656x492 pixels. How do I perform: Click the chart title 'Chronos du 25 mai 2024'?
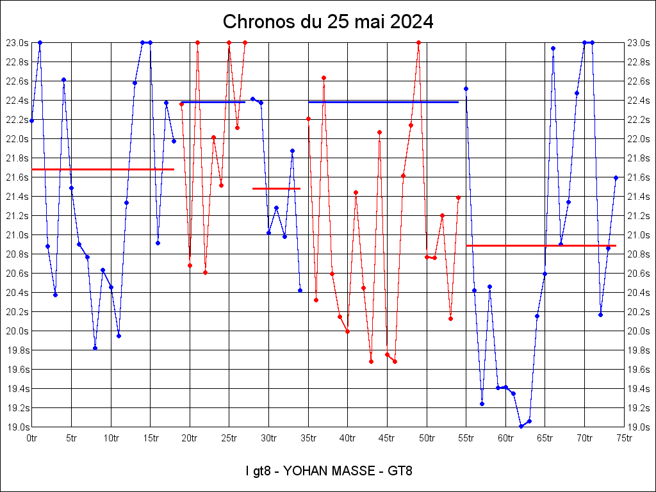click(328, 22)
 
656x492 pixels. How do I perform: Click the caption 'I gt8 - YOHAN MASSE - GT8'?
click(329, 471)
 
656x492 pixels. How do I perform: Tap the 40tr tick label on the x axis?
click(348, 438)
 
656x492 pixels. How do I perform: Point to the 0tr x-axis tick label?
click(32, 438)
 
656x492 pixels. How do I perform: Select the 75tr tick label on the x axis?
click(625, 438)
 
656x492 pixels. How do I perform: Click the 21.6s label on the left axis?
click(17, 177)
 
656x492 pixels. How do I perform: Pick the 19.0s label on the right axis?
click(639, 427)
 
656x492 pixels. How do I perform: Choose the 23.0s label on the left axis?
click(17, 43)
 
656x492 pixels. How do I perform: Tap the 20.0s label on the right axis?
click(639, 331)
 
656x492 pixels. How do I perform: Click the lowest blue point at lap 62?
click(521, 426)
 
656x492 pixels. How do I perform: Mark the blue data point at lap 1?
click(40, 42)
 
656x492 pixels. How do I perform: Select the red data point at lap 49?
click(418, 42)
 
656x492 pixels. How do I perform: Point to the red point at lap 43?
click(371, 361)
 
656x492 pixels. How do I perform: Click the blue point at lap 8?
click(95, 348)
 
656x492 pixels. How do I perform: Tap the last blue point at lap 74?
click(616, 177)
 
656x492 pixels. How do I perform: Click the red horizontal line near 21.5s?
click(276, 188)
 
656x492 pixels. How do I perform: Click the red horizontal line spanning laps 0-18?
click(102, 169)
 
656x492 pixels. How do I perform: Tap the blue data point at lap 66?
click(553, 48)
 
